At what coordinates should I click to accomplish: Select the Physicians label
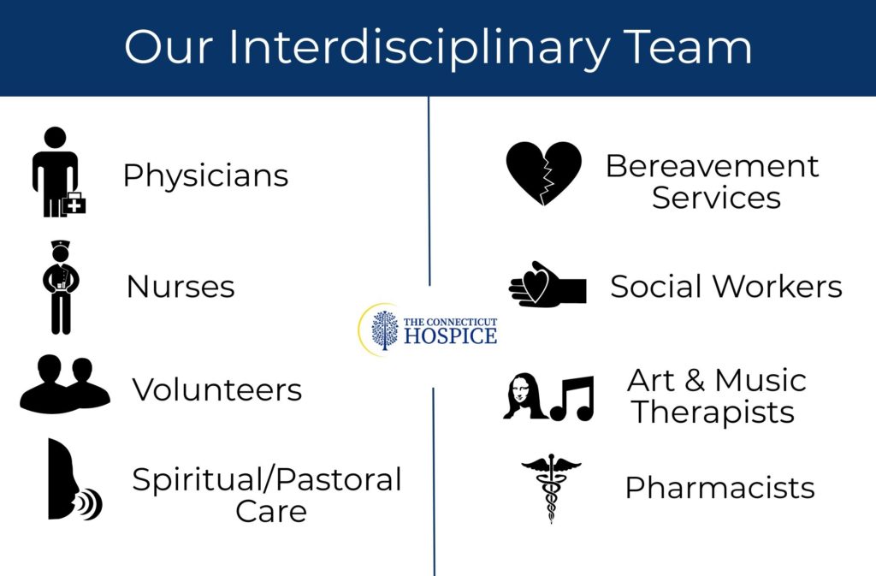(x=205, y=175)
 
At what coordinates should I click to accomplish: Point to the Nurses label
(x=181, y=287)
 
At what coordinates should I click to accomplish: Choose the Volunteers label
(x=217, y=390)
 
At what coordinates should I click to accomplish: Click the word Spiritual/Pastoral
(x=267, y=479)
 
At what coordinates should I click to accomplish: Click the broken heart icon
(x=543, y=173)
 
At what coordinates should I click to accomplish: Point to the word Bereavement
(x=712, y=165)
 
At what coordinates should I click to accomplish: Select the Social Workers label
(x=725, y=287)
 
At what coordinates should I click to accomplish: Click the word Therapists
(x=713, y=413)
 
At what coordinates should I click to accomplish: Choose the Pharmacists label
(x=719, y=488)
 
